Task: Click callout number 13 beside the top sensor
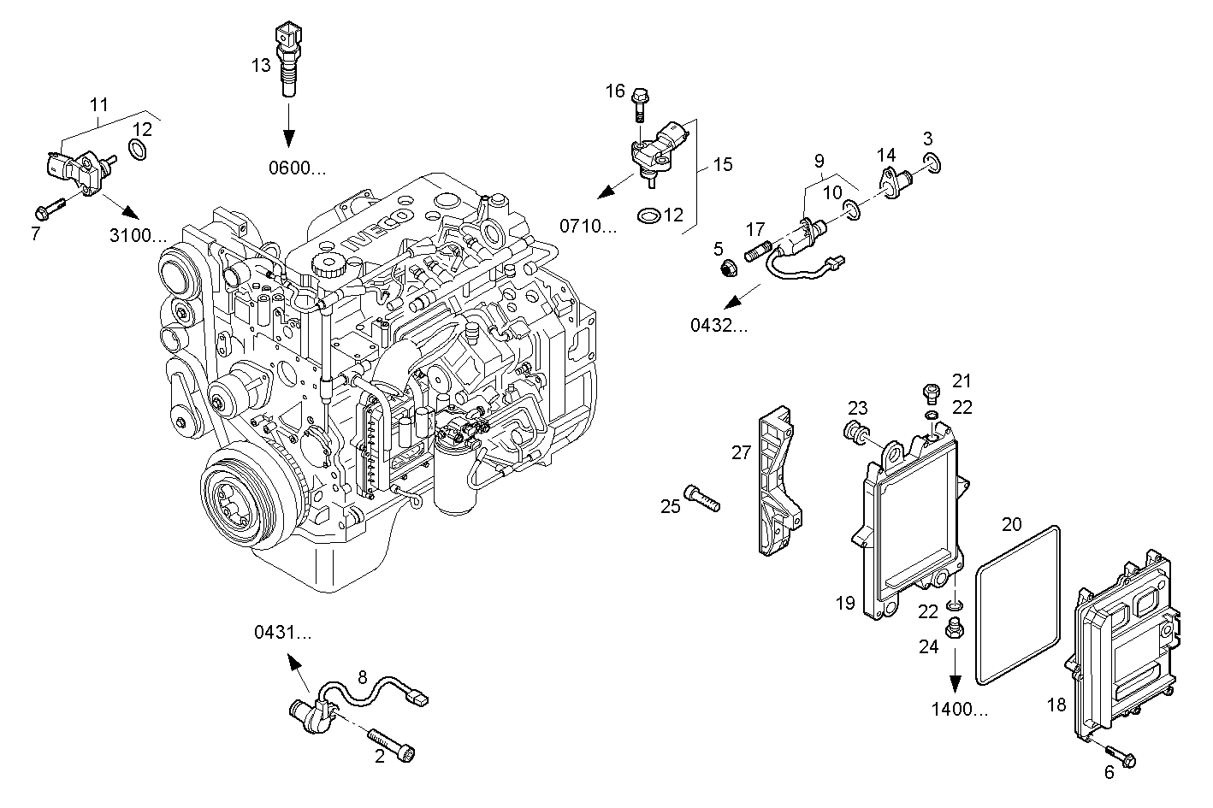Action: click(261, 64)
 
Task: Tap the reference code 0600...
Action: click(298, 168)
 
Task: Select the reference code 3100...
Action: click(139, 235)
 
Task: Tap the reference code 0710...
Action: click(588, 226)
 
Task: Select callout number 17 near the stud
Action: click(754, 229)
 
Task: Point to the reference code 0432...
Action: click(719, 325)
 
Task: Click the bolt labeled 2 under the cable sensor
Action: click(393, 743)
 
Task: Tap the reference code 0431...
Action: click(281, 633)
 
